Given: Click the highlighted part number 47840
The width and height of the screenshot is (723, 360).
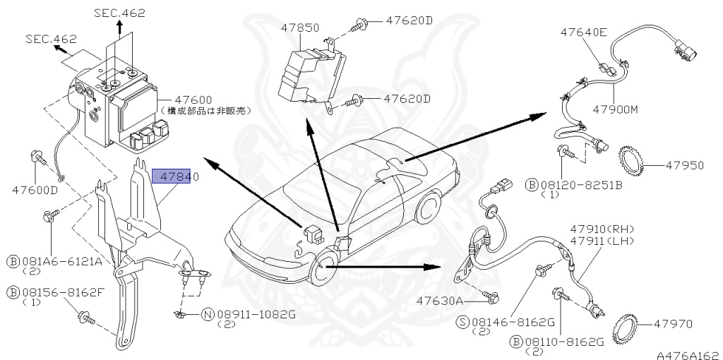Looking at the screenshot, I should point(176,176).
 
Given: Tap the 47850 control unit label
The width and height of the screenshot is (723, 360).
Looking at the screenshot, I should point(299,28).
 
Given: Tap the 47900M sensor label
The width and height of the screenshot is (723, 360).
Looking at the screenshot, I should point(615,110).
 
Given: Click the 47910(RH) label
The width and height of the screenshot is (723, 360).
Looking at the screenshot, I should point(603,229).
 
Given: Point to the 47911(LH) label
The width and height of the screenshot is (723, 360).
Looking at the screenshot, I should point(603,241).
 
